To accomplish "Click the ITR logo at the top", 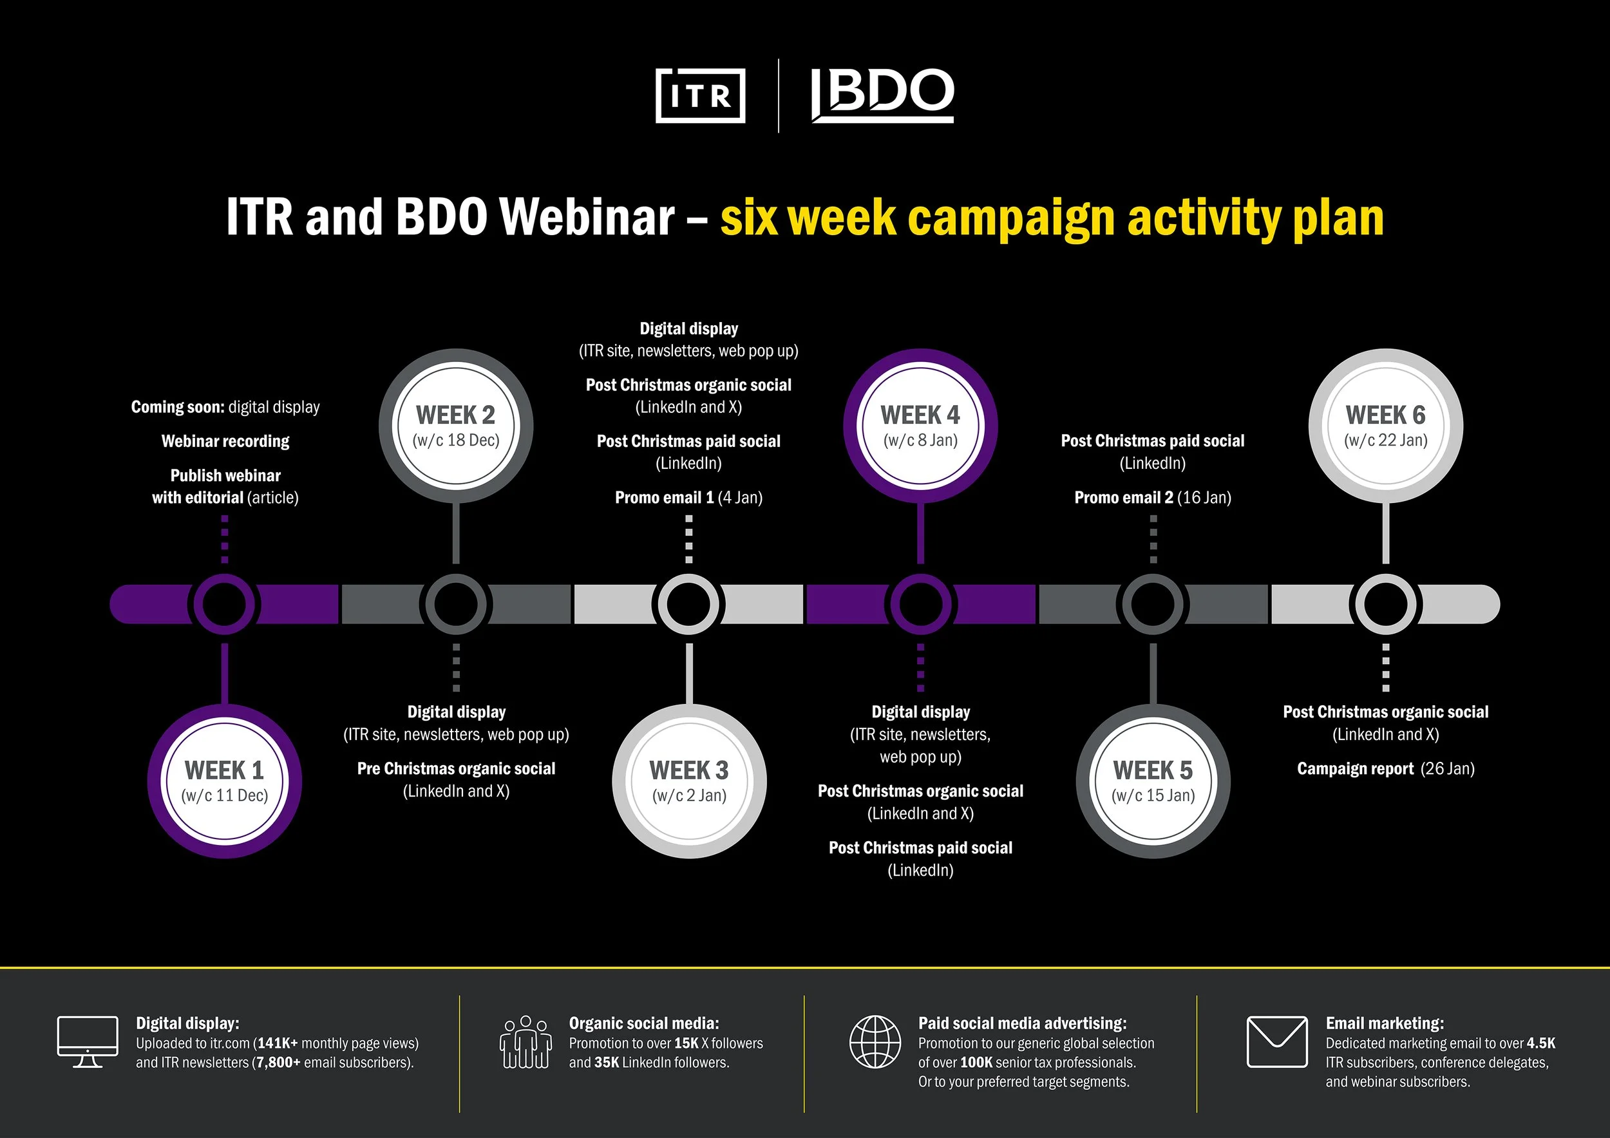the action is tap(700, 95).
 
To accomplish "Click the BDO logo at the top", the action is tap(882, 95).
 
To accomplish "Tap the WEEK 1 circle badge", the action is tap(224, 781).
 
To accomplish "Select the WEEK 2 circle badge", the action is tap(456, 426).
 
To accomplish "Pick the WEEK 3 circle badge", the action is tap(689, 781).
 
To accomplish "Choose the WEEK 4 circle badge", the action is tap(921, 426).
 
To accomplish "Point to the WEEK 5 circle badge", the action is tap(1153, 781).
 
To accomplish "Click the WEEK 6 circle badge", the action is tap(1386, 426).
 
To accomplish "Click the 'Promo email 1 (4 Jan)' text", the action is tap(688, 498).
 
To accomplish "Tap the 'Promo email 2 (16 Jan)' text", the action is tap(1153, 498).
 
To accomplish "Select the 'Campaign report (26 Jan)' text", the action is tap(1386, 769).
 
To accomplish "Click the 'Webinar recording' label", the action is tap(225, 441).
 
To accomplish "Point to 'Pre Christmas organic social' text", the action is tap(456, 768).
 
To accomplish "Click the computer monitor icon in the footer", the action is tap(88, 1042).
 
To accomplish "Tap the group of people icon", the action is tap(526, 1042).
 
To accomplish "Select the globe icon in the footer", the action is tap(875, 1042).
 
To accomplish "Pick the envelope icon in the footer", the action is tap(1277, 1042).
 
